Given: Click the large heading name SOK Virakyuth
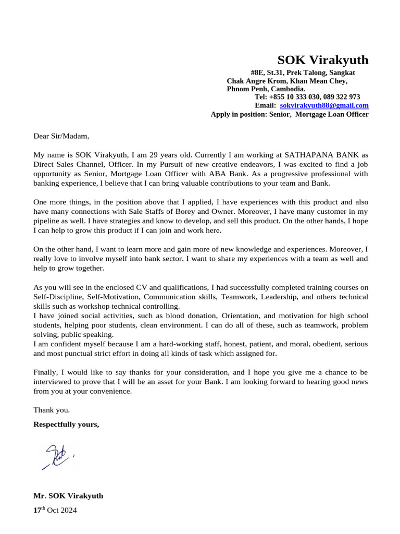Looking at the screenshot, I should tap(322, 59).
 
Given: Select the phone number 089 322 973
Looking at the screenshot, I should tap(342, 97).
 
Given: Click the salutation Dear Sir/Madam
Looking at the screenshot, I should tap(61, 136).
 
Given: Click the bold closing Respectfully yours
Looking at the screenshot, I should tap(66, 424).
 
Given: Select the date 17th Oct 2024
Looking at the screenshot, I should tap(55, 511).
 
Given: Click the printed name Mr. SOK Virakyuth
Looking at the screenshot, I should tap(68, 495).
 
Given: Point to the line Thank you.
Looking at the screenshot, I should tap(52, 409).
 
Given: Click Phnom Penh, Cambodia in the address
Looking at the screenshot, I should tap(266, 89).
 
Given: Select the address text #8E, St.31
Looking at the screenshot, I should tap(269, 72).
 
